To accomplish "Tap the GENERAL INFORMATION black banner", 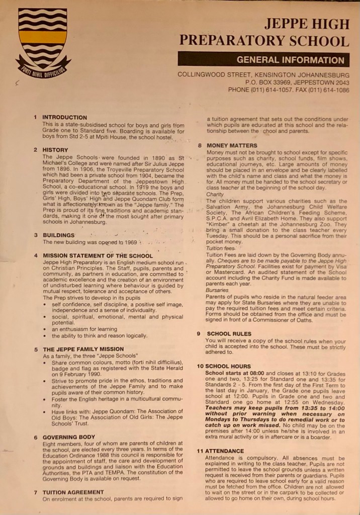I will point(263,59).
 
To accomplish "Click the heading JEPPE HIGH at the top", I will point(307,24).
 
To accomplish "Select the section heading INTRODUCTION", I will point(64,117).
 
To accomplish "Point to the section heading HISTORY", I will point(55,149).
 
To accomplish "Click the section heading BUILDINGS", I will point(58,235).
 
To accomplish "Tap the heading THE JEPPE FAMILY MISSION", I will point(83,349).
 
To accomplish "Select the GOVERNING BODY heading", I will point(69,438).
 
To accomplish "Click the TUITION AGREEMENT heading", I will point(73,492).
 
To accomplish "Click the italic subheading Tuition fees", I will point(221,248).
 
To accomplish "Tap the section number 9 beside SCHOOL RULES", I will point(199,333).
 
